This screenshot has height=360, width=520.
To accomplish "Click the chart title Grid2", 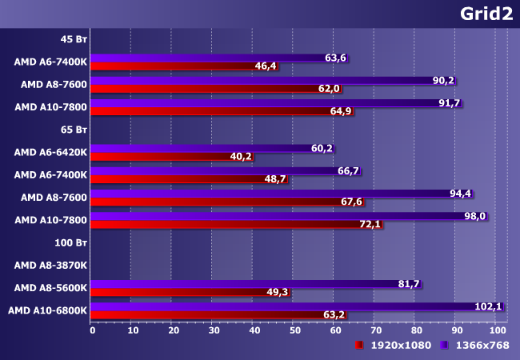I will [x=486, y=14].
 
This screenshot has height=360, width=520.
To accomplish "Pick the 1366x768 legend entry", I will [x=480, y=345].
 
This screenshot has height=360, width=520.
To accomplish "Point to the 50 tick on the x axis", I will [x=294, y=330].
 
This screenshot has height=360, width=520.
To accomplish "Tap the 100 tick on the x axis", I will [x=497, y=330].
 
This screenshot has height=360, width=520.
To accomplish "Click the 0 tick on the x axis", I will [x=92, y=330].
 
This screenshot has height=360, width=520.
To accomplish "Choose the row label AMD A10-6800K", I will [x=47, y=310].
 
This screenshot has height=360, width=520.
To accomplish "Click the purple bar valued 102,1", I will [x=280, y=306].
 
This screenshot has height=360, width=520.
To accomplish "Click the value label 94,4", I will [x=461, y=194].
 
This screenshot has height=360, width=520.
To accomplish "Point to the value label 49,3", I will [x=276, y=293].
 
